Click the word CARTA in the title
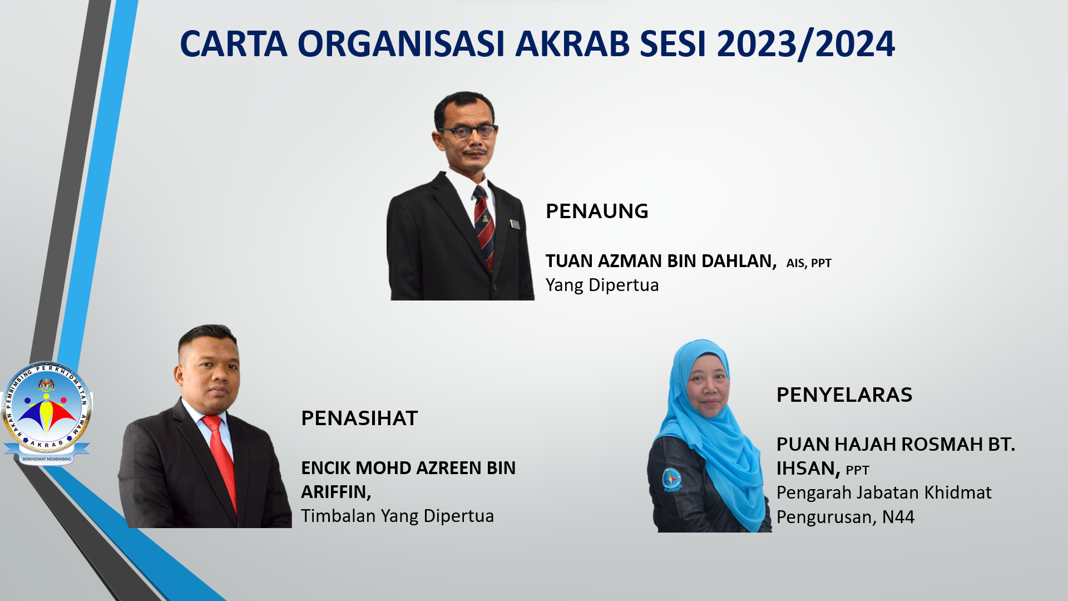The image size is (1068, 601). tap(234, 43)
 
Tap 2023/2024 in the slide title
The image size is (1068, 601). tap(806, 44)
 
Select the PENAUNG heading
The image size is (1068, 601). tap(597, 211)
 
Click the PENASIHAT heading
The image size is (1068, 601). tap(359, 418)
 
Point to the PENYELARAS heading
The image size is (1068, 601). tap(844, 395)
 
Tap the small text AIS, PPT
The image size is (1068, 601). tap(809, 263)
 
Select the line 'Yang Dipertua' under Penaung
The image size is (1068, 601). tap(602, 285)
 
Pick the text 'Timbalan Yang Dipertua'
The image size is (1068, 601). tap(397, 516)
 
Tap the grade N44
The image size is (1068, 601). tap(898, 518)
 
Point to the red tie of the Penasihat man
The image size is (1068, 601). tap(221, 461)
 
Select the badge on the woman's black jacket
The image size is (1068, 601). tap(671, 479)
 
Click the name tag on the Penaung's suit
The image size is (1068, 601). tap(515, 224)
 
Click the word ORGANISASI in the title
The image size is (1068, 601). tap(401, 43)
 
